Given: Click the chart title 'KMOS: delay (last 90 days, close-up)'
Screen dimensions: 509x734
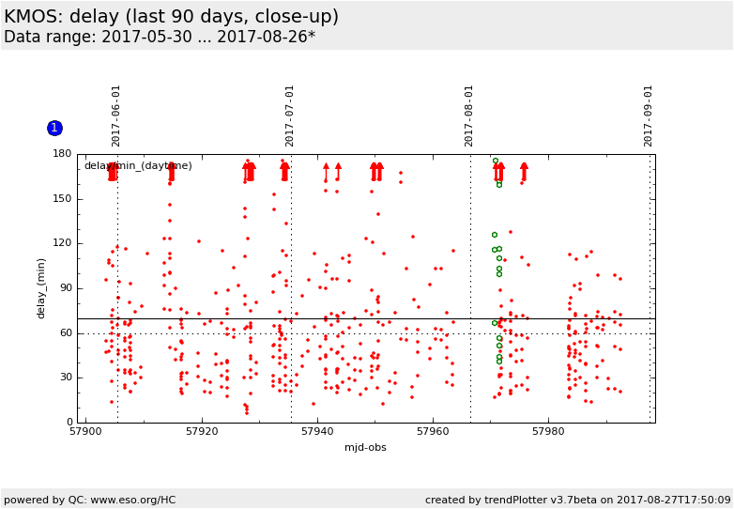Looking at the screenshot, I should (172, 17).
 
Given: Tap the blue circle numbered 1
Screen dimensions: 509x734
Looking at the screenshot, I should (54, 128).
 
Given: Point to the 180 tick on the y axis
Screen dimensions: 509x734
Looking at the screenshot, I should (62, 154).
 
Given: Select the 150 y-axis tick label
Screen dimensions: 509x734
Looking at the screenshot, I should (62, 199).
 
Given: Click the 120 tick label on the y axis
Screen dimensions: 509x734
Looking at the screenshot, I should (62, 243).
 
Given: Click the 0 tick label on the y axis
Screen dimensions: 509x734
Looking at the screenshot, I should (68, 423).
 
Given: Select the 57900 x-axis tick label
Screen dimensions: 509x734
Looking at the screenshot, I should (85, 432).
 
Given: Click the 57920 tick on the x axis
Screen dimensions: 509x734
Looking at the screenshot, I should (202, 432).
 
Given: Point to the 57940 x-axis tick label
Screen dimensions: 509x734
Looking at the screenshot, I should (317, 432).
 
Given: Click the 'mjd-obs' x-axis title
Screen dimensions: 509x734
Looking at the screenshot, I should (366, 448).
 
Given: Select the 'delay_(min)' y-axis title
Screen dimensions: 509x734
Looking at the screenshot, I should (40, 288).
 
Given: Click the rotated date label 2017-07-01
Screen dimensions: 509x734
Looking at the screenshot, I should (290, 116).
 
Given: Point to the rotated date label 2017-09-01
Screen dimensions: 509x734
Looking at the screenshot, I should (649, 116).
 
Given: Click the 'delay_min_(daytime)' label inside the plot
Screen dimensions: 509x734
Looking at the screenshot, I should (138, 166).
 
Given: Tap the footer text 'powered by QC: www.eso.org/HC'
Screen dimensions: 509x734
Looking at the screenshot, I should (90, 500).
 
